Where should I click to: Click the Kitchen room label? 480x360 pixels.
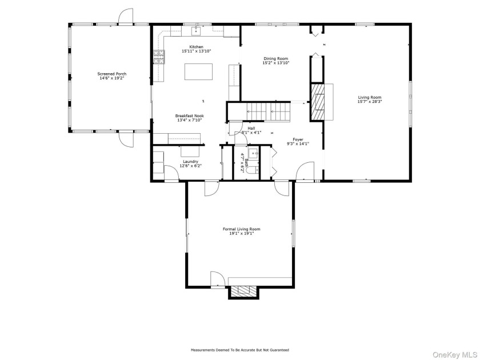pyautogui.click(x=196, y=47)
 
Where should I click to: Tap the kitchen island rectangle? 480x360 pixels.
pyautogui.click(x=198, y=71)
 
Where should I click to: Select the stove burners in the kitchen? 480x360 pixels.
pyautogui.click(x=159, y=57)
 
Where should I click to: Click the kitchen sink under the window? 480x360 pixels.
pyautogui.click(x=196, y=31)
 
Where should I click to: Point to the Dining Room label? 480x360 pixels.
pyautogui.click(x=276, y=58)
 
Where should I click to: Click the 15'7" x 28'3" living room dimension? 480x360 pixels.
pyautogui.click(x=370, y=102)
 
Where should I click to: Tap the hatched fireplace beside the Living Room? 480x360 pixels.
pyautogui.click(x=318, y=102)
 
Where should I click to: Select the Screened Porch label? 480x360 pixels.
pyautogui.click(x=112, y=74)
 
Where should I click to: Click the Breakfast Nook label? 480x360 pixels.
pyautogui.click(x=190, y=115)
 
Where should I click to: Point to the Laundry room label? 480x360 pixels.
pyautogui.click(x=190, y=162)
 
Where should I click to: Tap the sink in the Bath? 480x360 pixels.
pyautogui.click(x=253, y=153)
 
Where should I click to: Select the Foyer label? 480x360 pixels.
pyautogui.click(x=298, y=139)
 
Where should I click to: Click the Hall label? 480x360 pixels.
pyautogui.click(x=251, y=128)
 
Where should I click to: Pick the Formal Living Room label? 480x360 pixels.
pyautogui.click(x=241, y=229)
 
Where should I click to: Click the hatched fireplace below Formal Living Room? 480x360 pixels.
pyautogui.click(x=243, y=291)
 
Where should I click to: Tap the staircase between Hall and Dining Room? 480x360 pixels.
pyautogui.click(x=268, y=112)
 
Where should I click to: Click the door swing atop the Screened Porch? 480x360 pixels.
pyautogui.click(x=126, y=16)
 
